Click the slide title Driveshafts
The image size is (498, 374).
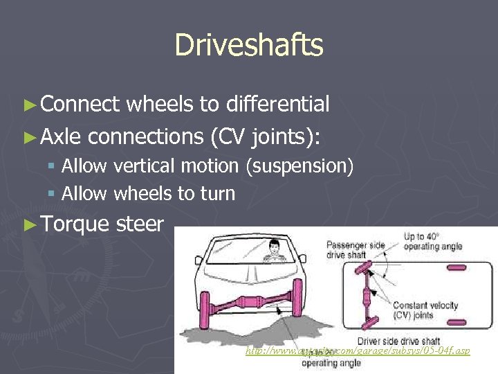coord(249,45)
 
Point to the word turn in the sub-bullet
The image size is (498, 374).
coord(217,194)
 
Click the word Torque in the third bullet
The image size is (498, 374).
coord(75,224)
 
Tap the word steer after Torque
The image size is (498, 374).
coord(140,224)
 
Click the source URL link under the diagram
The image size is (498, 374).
coord(358,350)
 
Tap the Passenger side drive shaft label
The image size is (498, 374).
coord(355,249)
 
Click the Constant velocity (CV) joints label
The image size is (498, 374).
coord(425,310)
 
